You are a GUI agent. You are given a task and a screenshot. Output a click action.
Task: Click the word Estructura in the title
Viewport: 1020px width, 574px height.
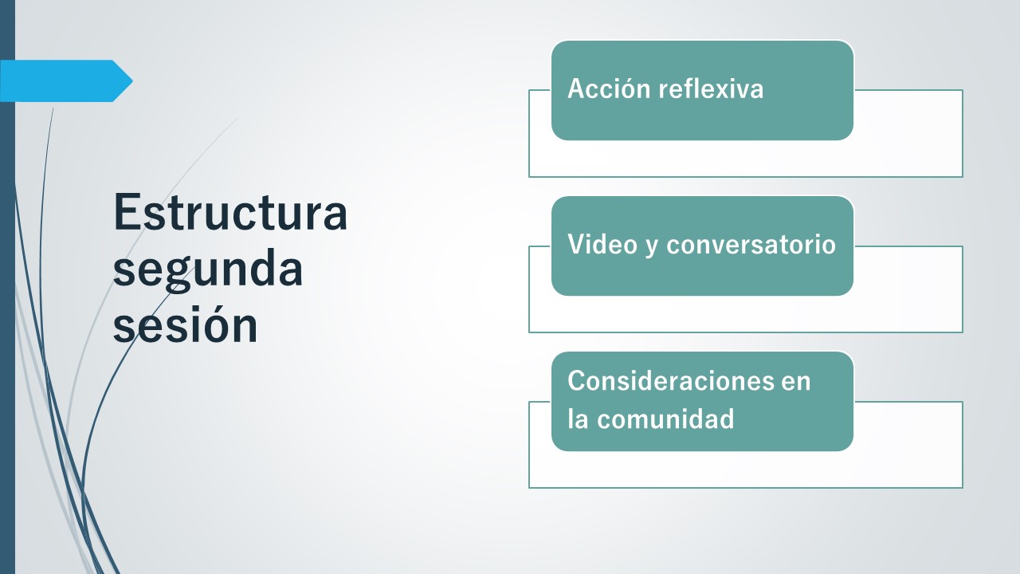tap(230, 212)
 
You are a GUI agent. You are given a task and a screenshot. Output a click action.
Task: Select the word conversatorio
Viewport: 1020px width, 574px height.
tap(751, 245)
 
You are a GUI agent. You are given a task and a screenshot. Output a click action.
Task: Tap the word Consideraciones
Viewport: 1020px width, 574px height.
tap(670, 380)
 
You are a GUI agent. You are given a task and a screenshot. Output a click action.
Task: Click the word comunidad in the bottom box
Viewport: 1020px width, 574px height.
tap(665, 419)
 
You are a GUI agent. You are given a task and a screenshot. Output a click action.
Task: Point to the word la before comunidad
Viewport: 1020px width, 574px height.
tap(579, 419)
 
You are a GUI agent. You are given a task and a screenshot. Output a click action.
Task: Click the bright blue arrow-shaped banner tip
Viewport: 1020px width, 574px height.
tap(132, 81)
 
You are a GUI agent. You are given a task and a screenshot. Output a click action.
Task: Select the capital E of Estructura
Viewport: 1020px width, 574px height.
tap(126, 212)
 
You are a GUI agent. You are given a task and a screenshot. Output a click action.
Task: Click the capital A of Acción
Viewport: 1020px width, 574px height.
tap(577, 88)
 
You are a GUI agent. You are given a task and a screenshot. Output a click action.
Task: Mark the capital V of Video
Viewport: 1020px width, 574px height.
tap(576, 244)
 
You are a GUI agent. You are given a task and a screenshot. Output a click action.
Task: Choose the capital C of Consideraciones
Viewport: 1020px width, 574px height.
tap(576, 380)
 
